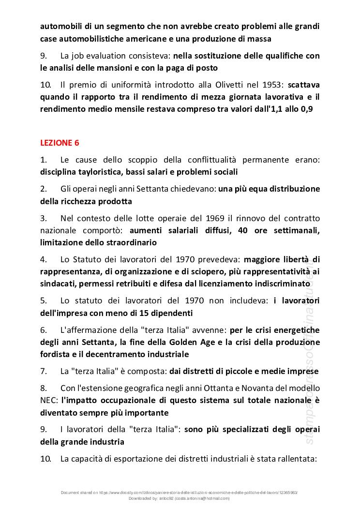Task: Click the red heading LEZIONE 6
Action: click(60, 143)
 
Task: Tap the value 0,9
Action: click(306, 109)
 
